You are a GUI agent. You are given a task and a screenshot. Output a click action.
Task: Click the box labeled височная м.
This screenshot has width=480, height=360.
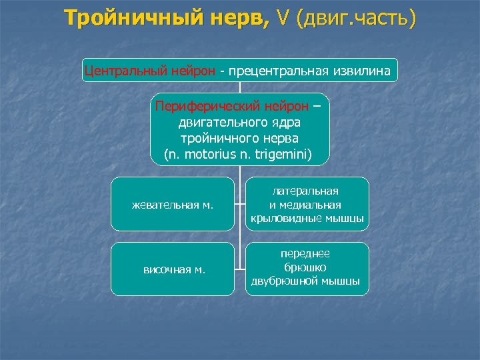173,269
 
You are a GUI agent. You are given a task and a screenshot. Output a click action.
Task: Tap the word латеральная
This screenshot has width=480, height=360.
306,191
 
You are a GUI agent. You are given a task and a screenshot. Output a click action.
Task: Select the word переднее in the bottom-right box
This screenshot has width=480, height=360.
306,254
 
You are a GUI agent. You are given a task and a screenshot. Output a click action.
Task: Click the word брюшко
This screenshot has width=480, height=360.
306,267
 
